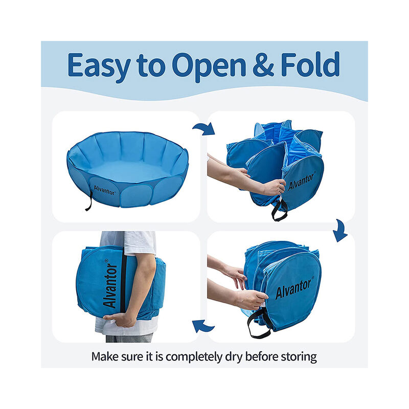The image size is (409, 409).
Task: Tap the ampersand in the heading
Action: [263, 64]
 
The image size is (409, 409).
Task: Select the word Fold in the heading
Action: [310, 64]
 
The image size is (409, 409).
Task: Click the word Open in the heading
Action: [209, 67]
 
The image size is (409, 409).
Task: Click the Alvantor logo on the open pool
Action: [104, 190]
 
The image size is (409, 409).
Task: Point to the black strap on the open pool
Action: [89, 201]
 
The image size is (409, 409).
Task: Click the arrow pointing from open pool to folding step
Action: [204, 129]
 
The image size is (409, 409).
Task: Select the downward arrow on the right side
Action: [340, 231]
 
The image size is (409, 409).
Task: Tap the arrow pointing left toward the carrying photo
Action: [203, 326]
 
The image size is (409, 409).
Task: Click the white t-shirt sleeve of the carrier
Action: [140, 243]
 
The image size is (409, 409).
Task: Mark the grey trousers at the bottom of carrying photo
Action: [129, 338]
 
